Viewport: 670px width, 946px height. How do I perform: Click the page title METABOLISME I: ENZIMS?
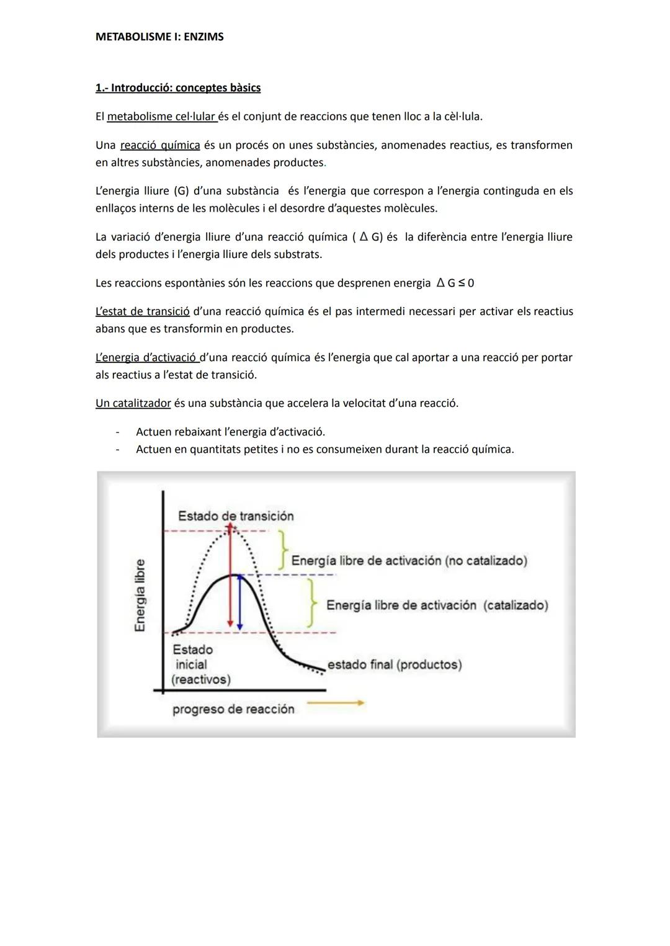coord(159,37)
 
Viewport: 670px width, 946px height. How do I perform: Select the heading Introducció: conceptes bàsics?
coord(178,87)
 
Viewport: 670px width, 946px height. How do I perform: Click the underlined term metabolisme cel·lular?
coord(161,116)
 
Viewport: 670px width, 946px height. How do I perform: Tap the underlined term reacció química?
coord(160,145)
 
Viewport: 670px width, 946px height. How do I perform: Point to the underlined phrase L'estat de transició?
coord(142,311)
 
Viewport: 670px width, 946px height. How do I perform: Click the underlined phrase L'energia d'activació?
coord(147,357)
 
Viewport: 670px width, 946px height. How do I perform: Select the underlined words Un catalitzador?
coord(133,403)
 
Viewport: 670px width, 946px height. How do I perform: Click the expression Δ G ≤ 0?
coord(455,283)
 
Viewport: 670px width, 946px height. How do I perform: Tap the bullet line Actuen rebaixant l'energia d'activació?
coord(230,432)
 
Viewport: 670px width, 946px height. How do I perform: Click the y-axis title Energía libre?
coord(140,595)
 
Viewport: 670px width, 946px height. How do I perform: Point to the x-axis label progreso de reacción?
coord(233,709)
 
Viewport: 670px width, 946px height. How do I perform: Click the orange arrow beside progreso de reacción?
coord(336,703)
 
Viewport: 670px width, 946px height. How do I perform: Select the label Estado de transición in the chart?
coord(236,516)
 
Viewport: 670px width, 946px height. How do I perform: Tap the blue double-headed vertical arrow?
coord(239,602)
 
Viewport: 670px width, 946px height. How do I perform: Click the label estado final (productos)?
coord(395,664)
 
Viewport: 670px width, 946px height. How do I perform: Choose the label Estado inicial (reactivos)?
coord(200,664)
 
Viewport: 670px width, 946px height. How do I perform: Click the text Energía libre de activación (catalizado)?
coord(437,605)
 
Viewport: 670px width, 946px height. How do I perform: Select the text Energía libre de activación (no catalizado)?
coord(409,561)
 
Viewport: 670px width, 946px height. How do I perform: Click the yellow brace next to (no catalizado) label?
coord(283,548)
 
